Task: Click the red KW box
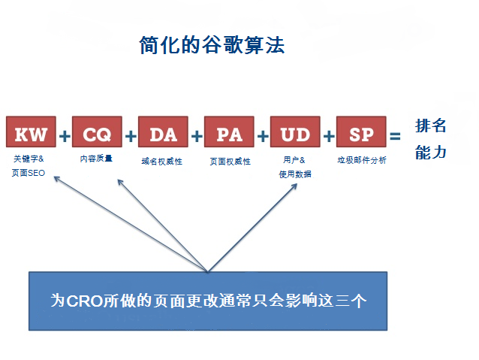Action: coord(31,135)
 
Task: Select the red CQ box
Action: coord(97,135)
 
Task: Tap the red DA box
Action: coord(163,135)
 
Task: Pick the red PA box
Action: coord(229,135)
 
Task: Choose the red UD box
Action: coord(295,135)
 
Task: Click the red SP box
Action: coord(361,135)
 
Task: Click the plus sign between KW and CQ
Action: coord(64,136)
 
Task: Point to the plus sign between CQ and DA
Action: coord(130,136)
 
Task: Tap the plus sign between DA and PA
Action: coord(196,136)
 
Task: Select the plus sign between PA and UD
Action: coord(262,136)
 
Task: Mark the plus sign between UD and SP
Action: coord(328,136)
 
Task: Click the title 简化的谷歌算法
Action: coord(212,46)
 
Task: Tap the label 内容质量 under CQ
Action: coord(96,159)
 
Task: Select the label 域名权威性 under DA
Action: coord(162,161)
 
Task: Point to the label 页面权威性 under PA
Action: coord(230,161)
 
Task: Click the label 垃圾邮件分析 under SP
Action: coord(362,160)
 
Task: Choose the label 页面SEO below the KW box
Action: coord(29,174)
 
